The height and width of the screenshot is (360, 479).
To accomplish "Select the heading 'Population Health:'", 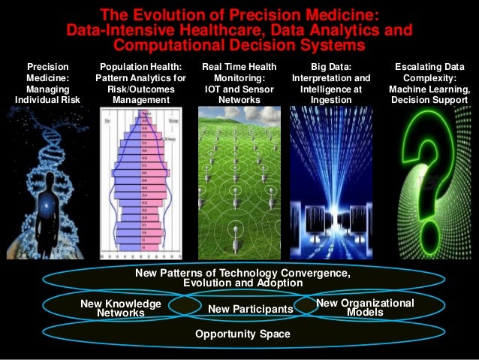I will [x=143, y=67].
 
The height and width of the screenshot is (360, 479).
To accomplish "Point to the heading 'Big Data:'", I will [x=331, y=67].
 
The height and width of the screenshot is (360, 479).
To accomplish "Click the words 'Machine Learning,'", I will [x=429, y=89].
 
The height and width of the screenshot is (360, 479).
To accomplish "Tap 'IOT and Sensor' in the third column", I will [x=239, y=89].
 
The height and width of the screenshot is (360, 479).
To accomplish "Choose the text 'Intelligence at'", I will [x=331, y=89].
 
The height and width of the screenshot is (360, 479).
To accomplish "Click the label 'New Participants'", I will [x=250, y=309].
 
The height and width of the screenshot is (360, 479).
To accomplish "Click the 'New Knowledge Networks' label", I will [x=121, y=308].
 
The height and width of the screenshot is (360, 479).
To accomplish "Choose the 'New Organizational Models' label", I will [x=365, y=307].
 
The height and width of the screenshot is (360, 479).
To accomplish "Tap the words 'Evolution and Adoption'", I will [x=243, y=283].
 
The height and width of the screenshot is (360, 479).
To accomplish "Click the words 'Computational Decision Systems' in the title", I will [x=239, y=47].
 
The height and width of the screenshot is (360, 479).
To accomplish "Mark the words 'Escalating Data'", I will [x=429, y=67].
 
